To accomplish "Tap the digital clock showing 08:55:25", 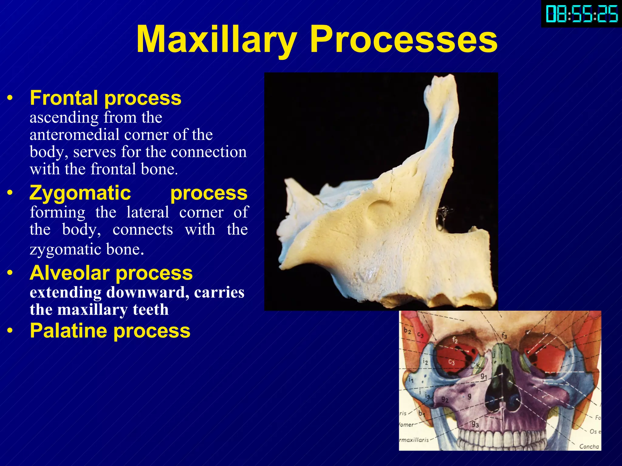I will tap(582, 14).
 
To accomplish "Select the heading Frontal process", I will tap(105, 98).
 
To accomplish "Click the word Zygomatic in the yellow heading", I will tap(80, 193).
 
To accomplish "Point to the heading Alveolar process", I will tap(111, 273).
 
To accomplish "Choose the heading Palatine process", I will tap(110, 331).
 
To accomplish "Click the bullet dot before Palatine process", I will tap(10, 331).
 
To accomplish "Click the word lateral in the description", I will tap(148, 212).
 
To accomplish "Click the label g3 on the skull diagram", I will tap(475, 424).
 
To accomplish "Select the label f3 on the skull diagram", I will tap(504, 336).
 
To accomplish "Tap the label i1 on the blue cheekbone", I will tap(411, 379).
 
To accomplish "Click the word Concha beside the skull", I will tap(589, 446).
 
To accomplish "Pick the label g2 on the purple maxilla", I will tap(445, 399).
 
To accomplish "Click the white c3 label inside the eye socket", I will tap(452, 362).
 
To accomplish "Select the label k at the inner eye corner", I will tap(478, 366).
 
